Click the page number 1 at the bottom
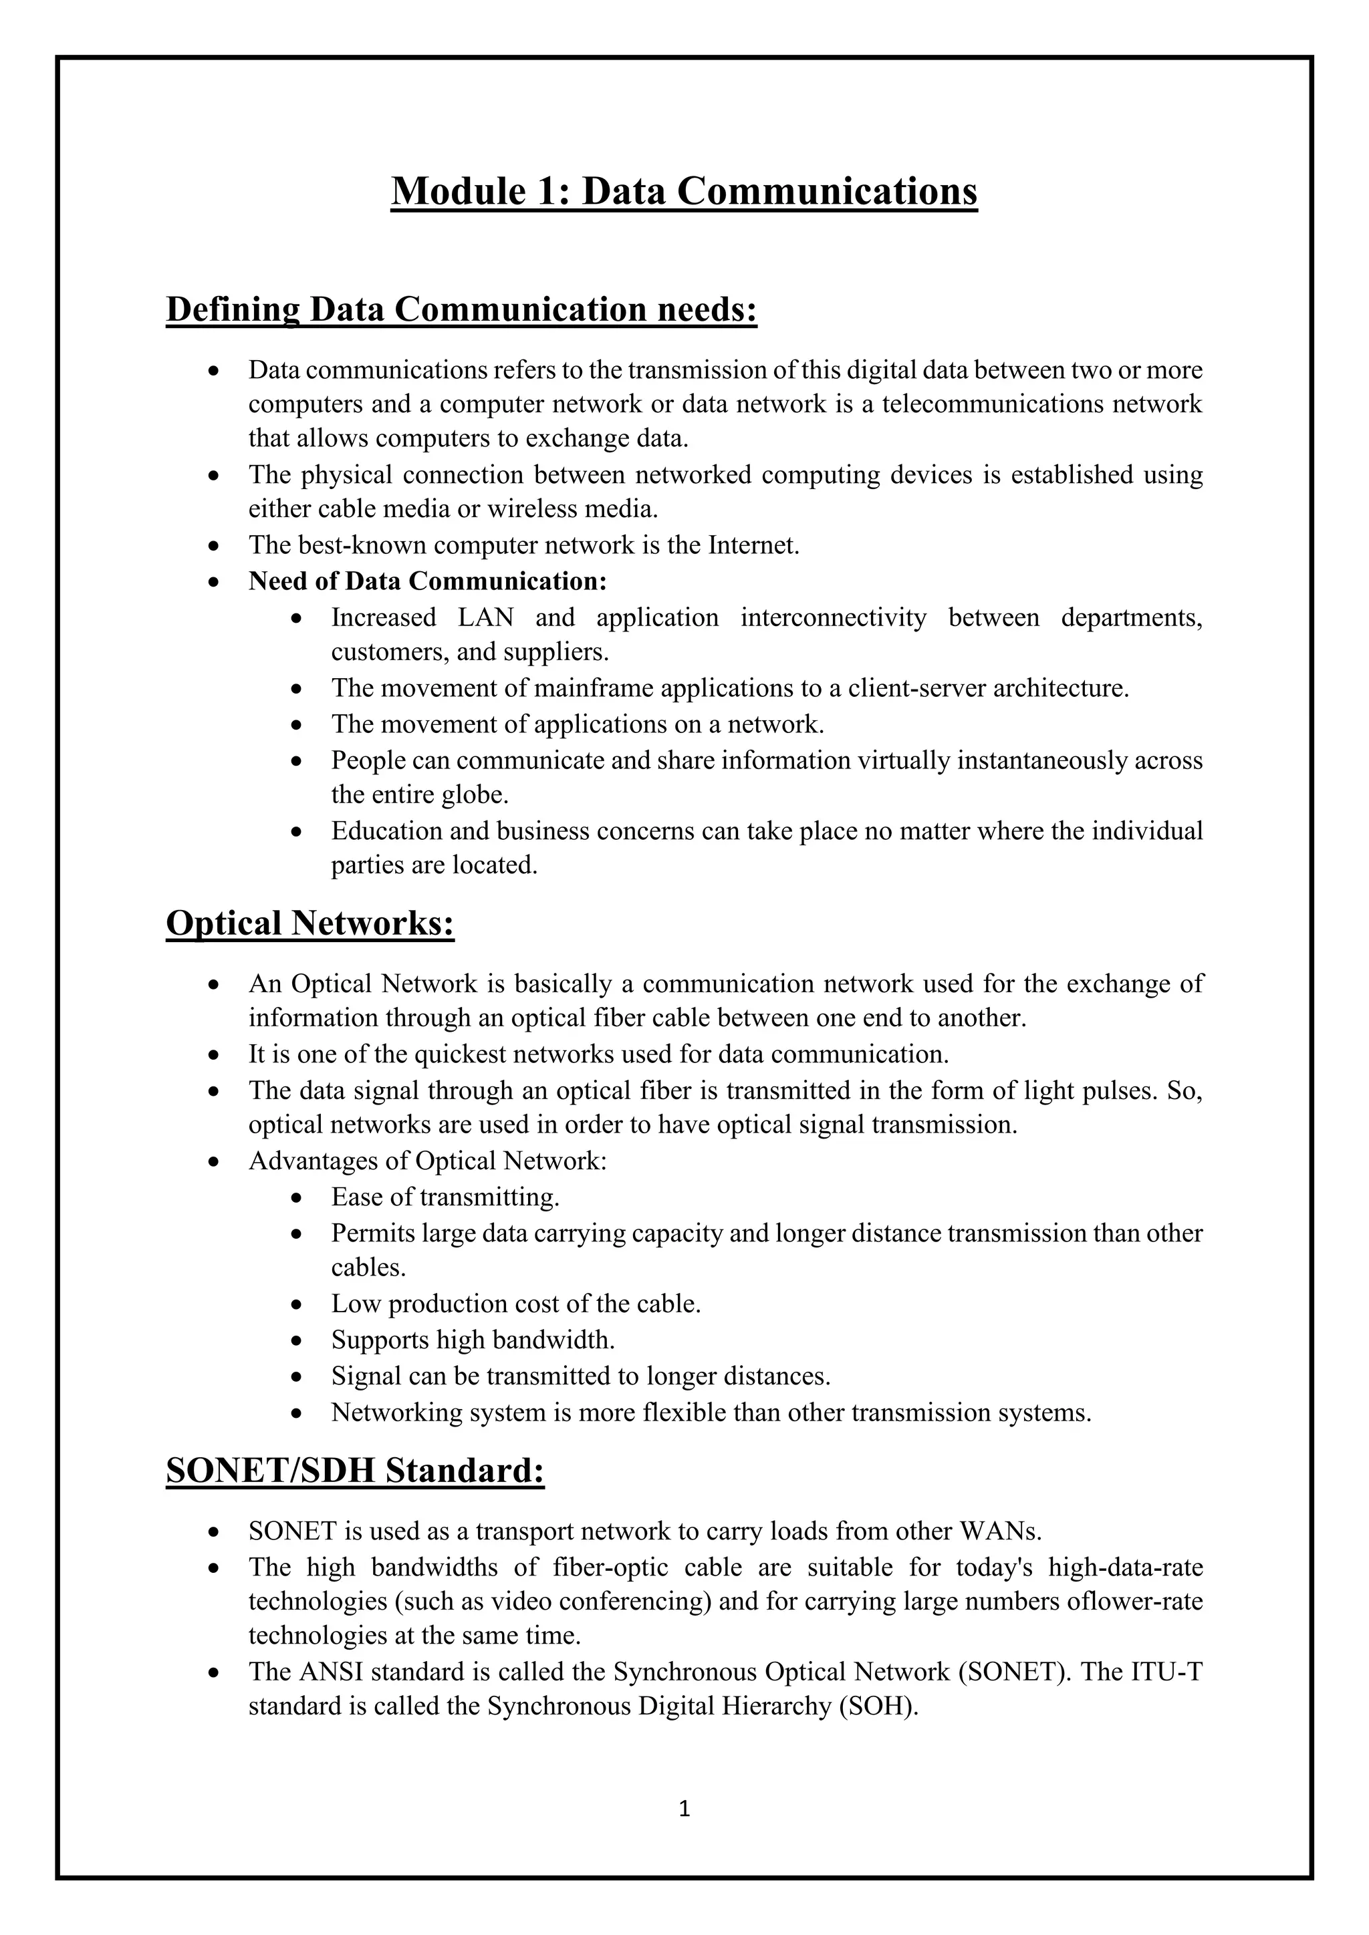tap(684, 1809)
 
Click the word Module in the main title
tap(456, 190)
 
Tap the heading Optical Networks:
tap(310, 923)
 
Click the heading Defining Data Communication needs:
tap(461, 309)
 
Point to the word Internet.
tap(753, 545)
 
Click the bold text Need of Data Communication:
tap(427, 581)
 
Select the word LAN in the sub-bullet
tap(485, 618)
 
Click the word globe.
tap(477, 794)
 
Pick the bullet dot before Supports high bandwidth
tap(296, 1341)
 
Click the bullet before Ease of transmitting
tap(296, 1197)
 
